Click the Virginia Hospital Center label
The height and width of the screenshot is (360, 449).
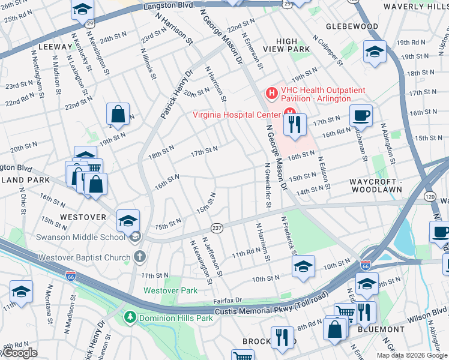click(x=236, y=115)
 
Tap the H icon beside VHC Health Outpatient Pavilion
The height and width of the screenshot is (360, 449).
click(x=271, y=93)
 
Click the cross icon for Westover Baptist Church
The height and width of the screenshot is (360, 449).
click(x=139, y=257)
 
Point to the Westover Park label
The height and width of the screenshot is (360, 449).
click(x=170, y=290)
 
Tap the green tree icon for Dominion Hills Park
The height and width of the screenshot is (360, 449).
click(x=128, y=317)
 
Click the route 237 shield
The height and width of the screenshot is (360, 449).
click(x=217, y=228)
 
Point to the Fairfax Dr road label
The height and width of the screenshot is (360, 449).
click(x=227, y=299)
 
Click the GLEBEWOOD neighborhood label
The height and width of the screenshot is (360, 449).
click(x=352, y=26)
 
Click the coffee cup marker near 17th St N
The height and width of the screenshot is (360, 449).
click(x=361, y=116)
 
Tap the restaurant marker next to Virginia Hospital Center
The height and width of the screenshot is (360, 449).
click(x=294, y=125)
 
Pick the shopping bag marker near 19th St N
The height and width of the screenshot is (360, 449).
click(x=118, y=115)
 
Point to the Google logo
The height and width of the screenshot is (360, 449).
click(x=19, y=353)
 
